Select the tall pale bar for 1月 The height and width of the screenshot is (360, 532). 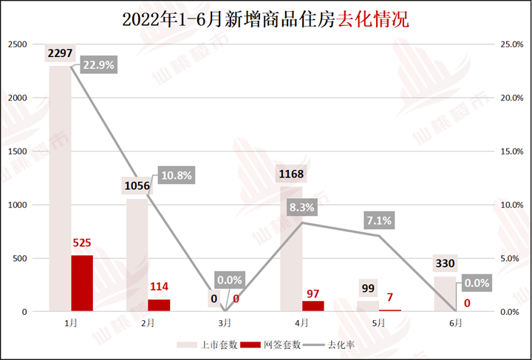[x=60, y=185]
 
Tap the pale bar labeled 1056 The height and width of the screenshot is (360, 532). [x=137, y=254]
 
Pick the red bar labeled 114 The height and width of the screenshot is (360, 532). [x=159, y=305]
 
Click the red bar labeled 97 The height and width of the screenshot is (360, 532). [x=313, y=306]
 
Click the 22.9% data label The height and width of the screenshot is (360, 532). [x=98, y=65]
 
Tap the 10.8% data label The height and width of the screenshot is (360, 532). [x=175, y=175]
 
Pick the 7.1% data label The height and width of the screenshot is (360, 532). [x=378, y=220]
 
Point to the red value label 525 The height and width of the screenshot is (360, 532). [x=82, y=242]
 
